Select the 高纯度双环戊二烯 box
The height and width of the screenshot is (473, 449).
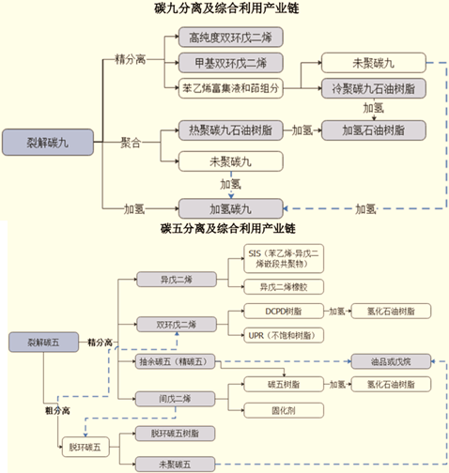229,38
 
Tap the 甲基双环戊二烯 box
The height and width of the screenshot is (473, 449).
229,64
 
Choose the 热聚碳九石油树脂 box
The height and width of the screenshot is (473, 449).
229,130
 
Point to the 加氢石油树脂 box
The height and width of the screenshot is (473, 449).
371,130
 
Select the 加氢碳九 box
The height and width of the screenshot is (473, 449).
229,206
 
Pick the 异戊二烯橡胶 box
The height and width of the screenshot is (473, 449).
287,286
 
